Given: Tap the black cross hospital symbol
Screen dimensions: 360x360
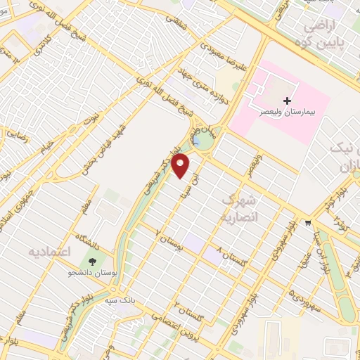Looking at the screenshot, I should [287, 101].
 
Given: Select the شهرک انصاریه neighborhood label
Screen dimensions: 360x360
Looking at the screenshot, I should [241, 209].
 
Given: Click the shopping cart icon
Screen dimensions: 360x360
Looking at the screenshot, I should [308, 224].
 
